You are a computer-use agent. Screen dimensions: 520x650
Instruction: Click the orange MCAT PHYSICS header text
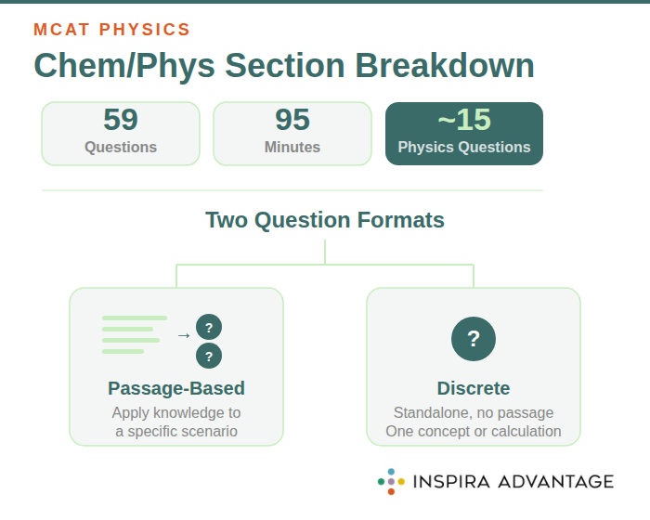[x=111, y=29]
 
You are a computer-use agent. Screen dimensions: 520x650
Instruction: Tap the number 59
[x=121, y=120]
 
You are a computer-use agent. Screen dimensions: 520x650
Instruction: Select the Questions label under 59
[x=121, y=147]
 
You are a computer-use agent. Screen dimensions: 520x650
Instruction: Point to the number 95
[x=292, y=120]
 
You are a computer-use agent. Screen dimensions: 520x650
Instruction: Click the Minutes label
[x=292, y=147]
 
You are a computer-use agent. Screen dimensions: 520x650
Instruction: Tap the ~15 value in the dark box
[x=464, y=120]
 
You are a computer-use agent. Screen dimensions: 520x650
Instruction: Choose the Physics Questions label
[x=464, y=147]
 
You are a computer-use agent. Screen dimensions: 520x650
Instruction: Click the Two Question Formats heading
[x=325, y=220]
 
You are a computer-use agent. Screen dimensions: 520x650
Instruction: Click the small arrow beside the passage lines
[x=184, y=335]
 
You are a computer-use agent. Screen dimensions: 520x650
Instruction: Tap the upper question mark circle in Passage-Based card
[x=209, y=327]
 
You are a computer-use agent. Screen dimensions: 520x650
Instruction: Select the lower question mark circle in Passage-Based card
[x=209, y=356]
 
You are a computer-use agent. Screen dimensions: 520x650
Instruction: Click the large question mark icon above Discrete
[x=474, y=338]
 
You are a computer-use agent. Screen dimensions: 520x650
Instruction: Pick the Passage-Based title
[x=176, y=388]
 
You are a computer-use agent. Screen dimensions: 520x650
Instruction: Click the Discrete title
[x=474, y=388]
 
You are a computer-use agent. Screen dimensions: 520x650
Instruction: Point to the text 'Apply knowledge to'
[x=176, y=412]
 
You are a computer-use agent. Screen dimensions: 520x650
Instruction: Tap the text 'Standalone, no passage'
[x=474, y=412]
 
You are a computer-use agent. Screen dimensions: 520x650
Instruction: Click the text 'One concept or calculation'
[x=474, y=431]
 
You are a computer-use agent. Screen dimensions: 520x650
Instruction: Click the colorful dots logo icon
[x=391, y=481]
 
